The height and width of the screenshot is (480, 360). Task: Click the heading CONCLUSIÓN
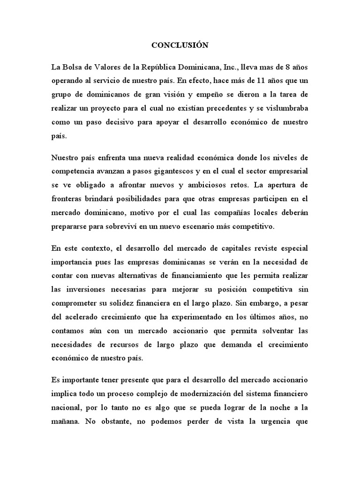(180, 46)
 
